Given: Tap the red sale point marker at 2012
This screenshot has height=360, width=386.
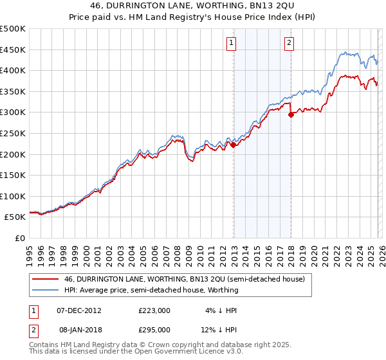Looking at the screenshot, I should tap(233, 145).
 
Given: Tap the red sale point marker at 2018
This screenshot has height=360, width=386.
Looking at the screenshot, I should tap(291, 115).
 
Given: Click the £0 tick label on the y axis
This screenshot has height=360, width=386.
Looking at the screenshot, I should tap(19, 238).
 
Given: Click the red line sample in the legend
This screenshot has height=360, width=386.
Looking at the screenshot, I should tap(45, 279).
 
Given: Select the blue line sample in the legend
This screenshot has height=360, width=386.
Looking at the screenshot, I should tap(45, 290).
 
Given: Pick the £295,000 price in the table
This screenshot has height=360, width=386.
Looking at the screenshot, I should tap(154, 329).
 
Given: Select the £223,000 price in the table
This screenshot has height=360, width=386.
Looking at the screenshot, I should tap(154, 310).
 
